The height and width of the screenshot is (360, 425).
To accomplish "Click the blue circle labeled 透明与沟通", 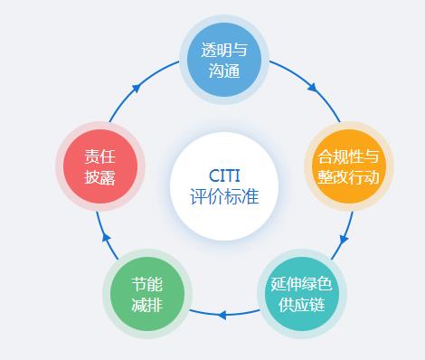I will point(223,60).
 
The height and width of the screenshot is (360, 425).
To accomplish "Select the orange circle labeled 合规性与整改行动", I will point(348,166).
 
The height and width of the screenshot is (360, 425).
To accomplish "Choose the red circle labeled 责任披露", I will point(99,166).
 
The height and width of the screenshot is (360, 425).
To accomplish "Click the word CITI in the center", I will point(223,174).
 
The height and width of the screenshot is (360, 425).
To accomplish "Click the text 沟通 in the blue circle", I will point(223,71).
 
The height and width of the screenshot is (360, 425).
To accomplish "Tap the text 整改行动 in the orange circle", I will point(348,178).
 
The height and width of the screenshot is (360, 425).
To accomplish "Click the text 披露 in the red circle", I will point(99,178).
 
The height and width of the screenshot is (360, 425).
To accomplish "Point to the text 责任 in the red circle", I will point(99,156).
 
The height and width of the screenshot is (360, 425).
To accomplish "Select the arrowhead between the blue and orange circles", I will point(312,89).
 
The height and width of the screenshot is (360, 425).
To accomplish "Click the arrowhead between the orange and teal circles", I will point(343,242).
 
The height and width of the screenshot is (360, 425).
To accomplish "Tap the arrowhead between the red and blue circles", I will point(136,88).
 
